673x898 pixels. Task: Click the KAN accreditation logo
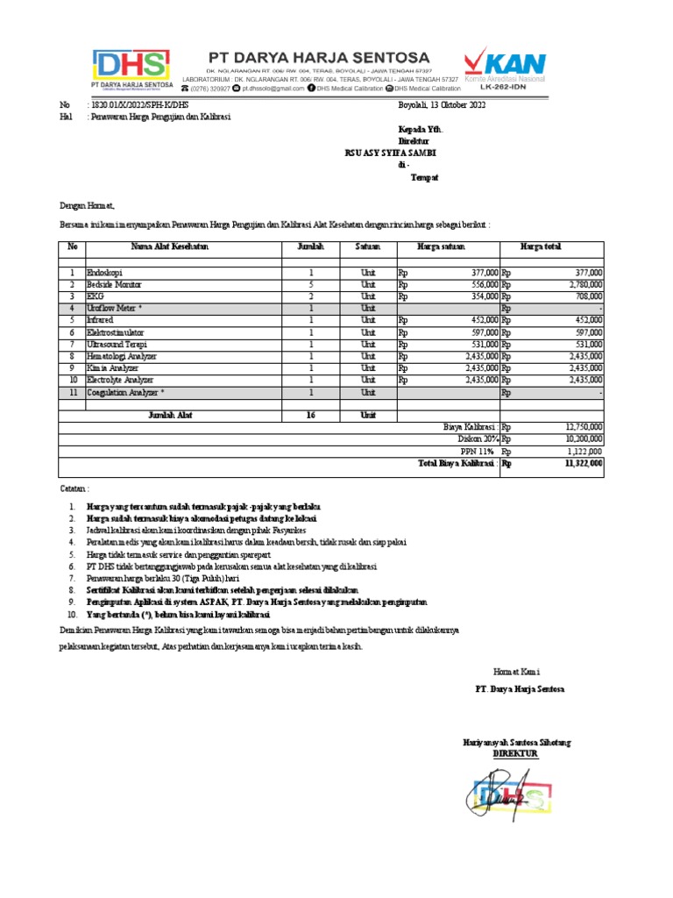[x=505, y=67]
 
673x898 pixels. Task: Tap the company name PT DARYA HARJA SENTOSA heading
[x=319, y=56]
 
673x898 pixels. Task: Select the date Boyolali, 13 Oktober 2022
[x=441, y=104]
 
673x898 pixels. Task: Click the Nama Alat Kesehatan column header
[x=170, y=247]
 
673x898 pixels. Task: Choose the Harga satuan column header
[x=442, y=247]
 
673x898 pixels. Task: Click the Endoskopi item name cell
[x=105, y=274]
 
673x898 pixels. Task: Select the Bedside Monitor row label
[x=114, y=285]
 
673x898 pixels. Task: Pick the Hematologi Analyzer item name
[x=121, y=356]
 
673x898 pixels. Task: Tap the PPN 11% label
[x=479, y=452]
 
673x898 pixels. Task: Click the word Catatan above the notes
[x=74, y=487]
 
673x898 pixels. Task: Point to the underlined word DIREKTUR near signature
[x=514, y=753]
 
